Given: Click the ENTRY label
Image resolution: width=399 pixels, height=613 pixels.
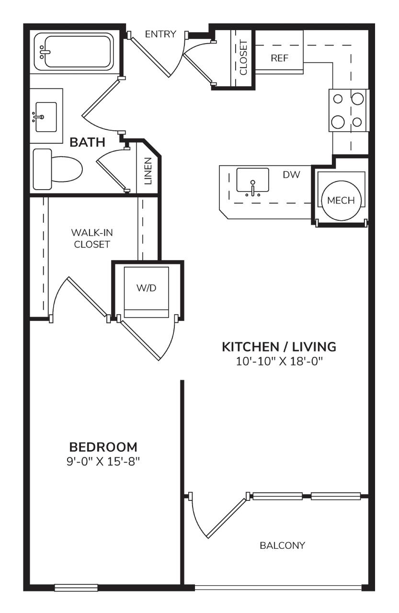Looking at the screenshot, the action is point(160,34).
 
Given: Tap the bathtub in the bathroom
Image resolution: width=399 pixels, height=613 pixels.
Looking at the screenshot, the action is point(74,52).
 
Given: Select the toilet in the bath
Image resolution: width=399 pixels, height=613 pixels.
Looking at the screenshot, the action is point(57,169).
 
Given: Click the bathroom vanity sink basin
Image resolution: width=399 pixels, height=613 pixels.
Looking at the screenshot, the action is point(46,117).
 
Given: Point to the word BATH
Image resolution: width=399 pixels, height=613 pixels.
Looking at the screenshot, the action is point(88,142).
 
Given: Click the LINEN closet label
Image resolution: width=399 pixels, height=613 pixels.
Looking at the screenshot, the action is point(148,171).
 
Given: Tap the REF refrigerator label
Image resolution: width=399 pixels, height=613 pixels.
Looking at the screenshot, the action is point(279,58).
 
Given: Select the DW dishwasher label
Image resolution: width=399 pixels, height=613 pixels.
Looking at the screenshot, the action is point(291,175).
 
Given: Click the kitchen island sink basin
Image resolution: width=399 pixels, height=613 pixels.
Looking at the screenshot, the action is point(252,180).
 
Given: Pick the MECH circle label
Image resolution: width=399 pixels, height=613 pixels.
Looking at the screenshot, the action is point(341,200).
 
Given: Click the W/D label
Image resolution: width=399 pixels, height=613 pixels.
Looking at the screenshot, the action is point(147,288).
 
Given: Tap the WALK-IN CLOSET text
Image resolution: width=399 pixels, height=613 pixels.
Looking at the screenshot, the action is point(92,238).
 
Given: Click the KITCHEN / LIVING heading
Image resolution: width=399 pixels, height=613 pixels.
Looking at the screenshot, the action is point(279,347).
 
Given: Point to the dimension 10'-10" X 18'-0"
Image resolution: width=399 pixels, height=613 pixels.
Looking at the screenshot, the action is point(279,362).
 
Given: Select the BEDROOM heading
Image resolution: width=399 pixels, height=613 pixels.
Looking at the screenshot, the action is point(103,447).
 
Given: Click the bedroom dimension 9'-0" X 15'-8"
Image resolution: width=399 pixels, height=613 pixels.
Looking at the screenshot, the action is point(103,462).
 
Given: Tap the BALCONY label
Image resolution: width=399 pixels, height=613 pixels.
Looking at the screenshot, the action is point(282,545).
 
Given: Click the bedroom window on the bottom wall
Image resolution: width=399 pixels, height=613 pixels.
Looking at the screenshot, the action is point(76,588).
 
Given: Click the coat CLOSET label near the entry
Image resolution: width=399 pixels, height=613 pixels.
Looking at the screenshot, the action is point(243,57).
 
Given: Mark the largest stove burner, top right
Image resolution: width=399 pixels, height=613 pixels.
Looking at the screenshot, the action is point(357,99).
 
